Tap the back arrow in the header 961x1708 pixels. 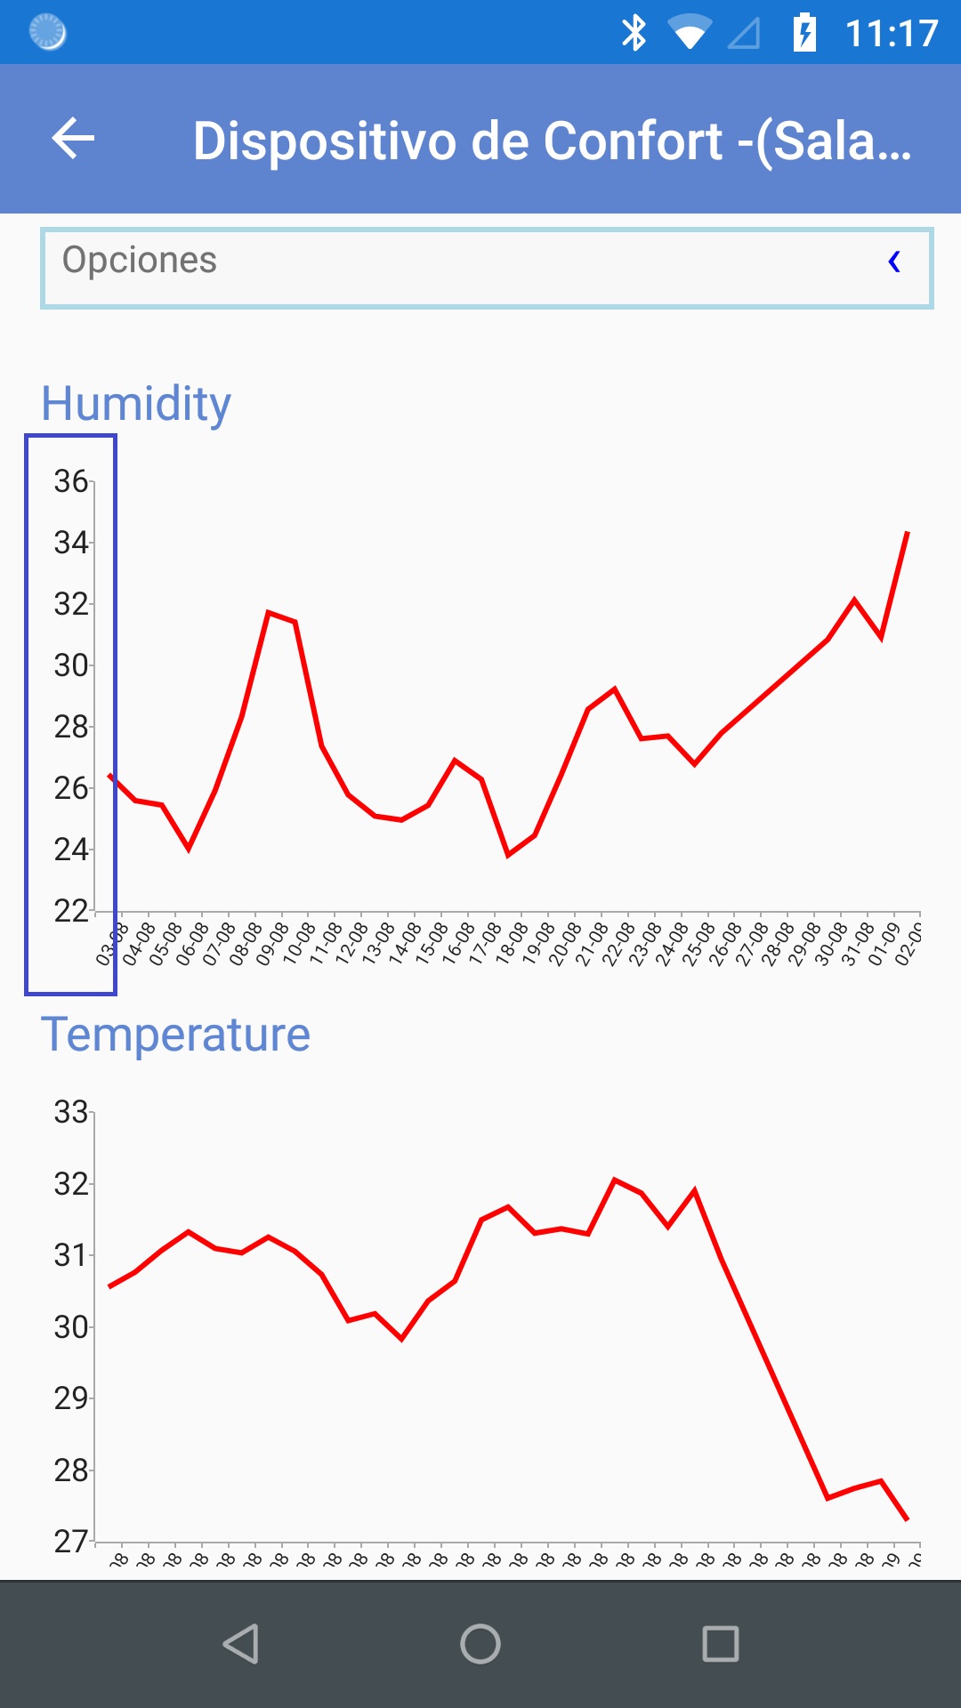tap(73, 139)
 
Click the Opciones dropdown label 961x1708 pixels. tap(140, 260)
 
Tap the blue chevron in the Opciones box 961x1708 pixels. tap(894, 262)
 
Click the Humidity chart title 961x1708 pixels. tap(136, 403)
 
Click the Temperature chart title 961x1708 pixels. tap(175, 1034)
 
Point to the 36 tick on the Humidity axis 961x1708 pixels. tap(71, 481)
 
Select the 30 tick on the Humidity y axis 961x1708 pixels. tap(71, 665)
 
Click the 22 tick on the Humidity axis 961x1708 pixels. tap(71, 911)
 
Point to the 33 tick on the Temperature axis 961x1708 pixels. tap(71, 1112)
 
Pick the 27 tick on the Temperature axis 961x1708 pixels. tap(71, 1541)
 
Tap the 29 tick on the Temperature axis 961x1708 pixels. tap(71, 1398)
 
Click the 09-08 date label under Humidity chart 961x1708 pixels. tap(272, 943)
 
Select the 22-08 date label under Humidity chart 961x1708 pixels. tap(618, 943)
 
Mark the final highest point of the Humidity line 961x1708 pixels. tap(907, 533)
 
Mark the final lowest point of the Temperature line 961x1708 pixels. tap(907, 1519)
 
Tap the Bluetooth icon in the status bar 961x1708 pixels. tap(634, 33)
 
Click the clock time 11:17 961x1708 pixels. tap(892, 34)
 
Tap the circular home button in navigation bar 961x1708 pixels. tap(480, 1644)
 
